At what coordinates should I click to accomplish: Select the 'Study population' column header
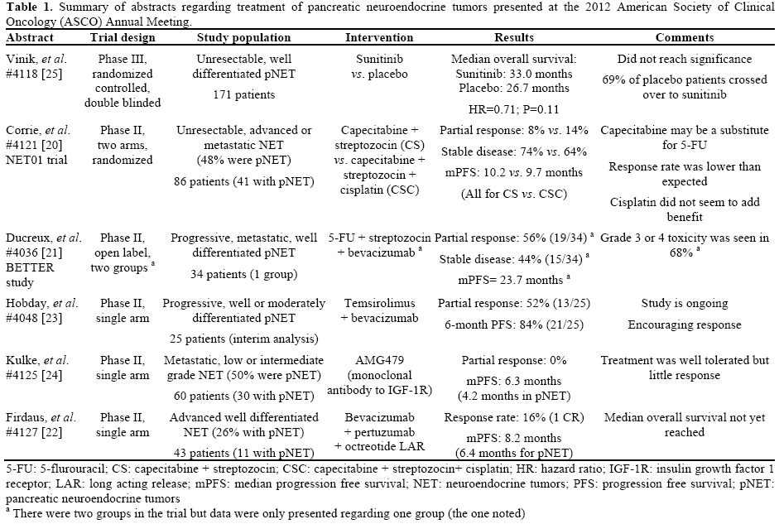[x=243, y=38]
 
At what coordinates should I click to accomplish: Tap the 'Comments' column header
[x=685, y=38]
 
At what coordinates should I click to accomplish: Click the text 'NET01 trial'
[x=33, y=161]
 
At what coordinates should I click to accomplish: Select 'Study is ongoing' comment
[x=685, y=302]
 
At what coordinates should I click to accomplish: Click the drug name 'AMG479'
[x=379, y=362]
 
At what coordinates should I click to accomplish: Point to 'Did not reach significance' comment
[x=685, y=60]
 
